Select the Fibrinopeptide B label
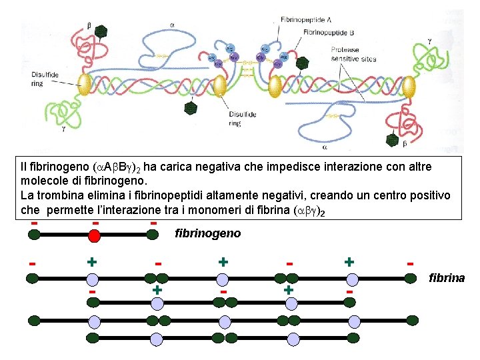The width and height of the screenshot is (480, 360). pyautogui.click(x=329, y=31)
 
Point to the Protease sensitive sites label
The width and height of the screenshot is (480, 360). pyautogui.click(x=353, y=54)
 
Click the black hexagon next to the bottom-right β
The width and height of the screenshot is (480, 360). pyautogui.click(x=391, y=139)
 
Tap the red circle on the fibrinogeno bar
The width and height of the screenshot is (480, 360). pyautogui.click(x=95, y=234)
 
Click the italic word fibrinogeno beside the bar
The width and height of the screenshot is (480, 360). pyautogui.click(x=207, y=233)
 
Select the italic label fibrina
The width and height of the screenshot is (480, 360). pyautogui.click(x=447, y=277)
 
